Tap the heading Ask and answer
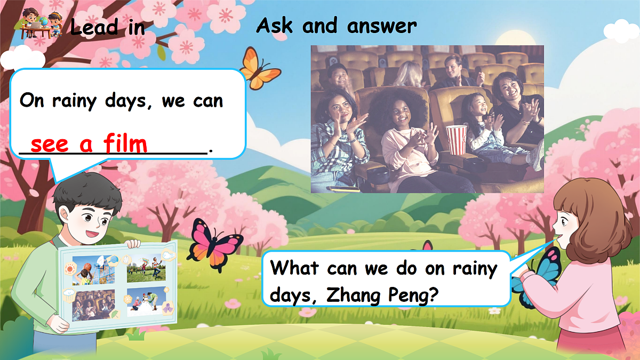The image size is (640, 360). (336, 26)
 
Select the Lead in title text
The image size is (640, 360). (107, 27)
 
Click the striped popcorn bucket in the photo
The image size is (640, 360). (455, 139)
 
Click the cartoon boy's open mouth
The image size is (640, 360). (92, 233)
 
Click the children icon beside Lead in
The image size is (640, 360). (39, 25)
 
